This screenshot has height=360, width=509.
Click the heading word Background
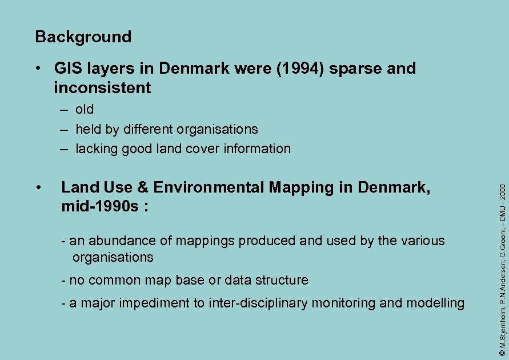point(83,37)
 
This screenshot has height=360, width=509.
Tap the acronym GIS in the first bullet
point(68,69)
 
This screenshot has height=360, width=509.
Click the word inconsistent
point(102,88)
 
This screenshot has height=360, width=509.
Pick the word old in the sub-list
point(85,109)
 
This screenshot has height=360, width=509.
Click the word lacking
point(95,149)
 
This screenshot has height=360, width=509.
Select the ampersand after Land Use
point(143,187)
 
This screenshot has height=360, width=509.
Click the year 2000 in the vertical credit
point(502,192)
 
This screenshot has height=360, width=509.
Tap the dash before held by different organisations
point(65,129)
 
